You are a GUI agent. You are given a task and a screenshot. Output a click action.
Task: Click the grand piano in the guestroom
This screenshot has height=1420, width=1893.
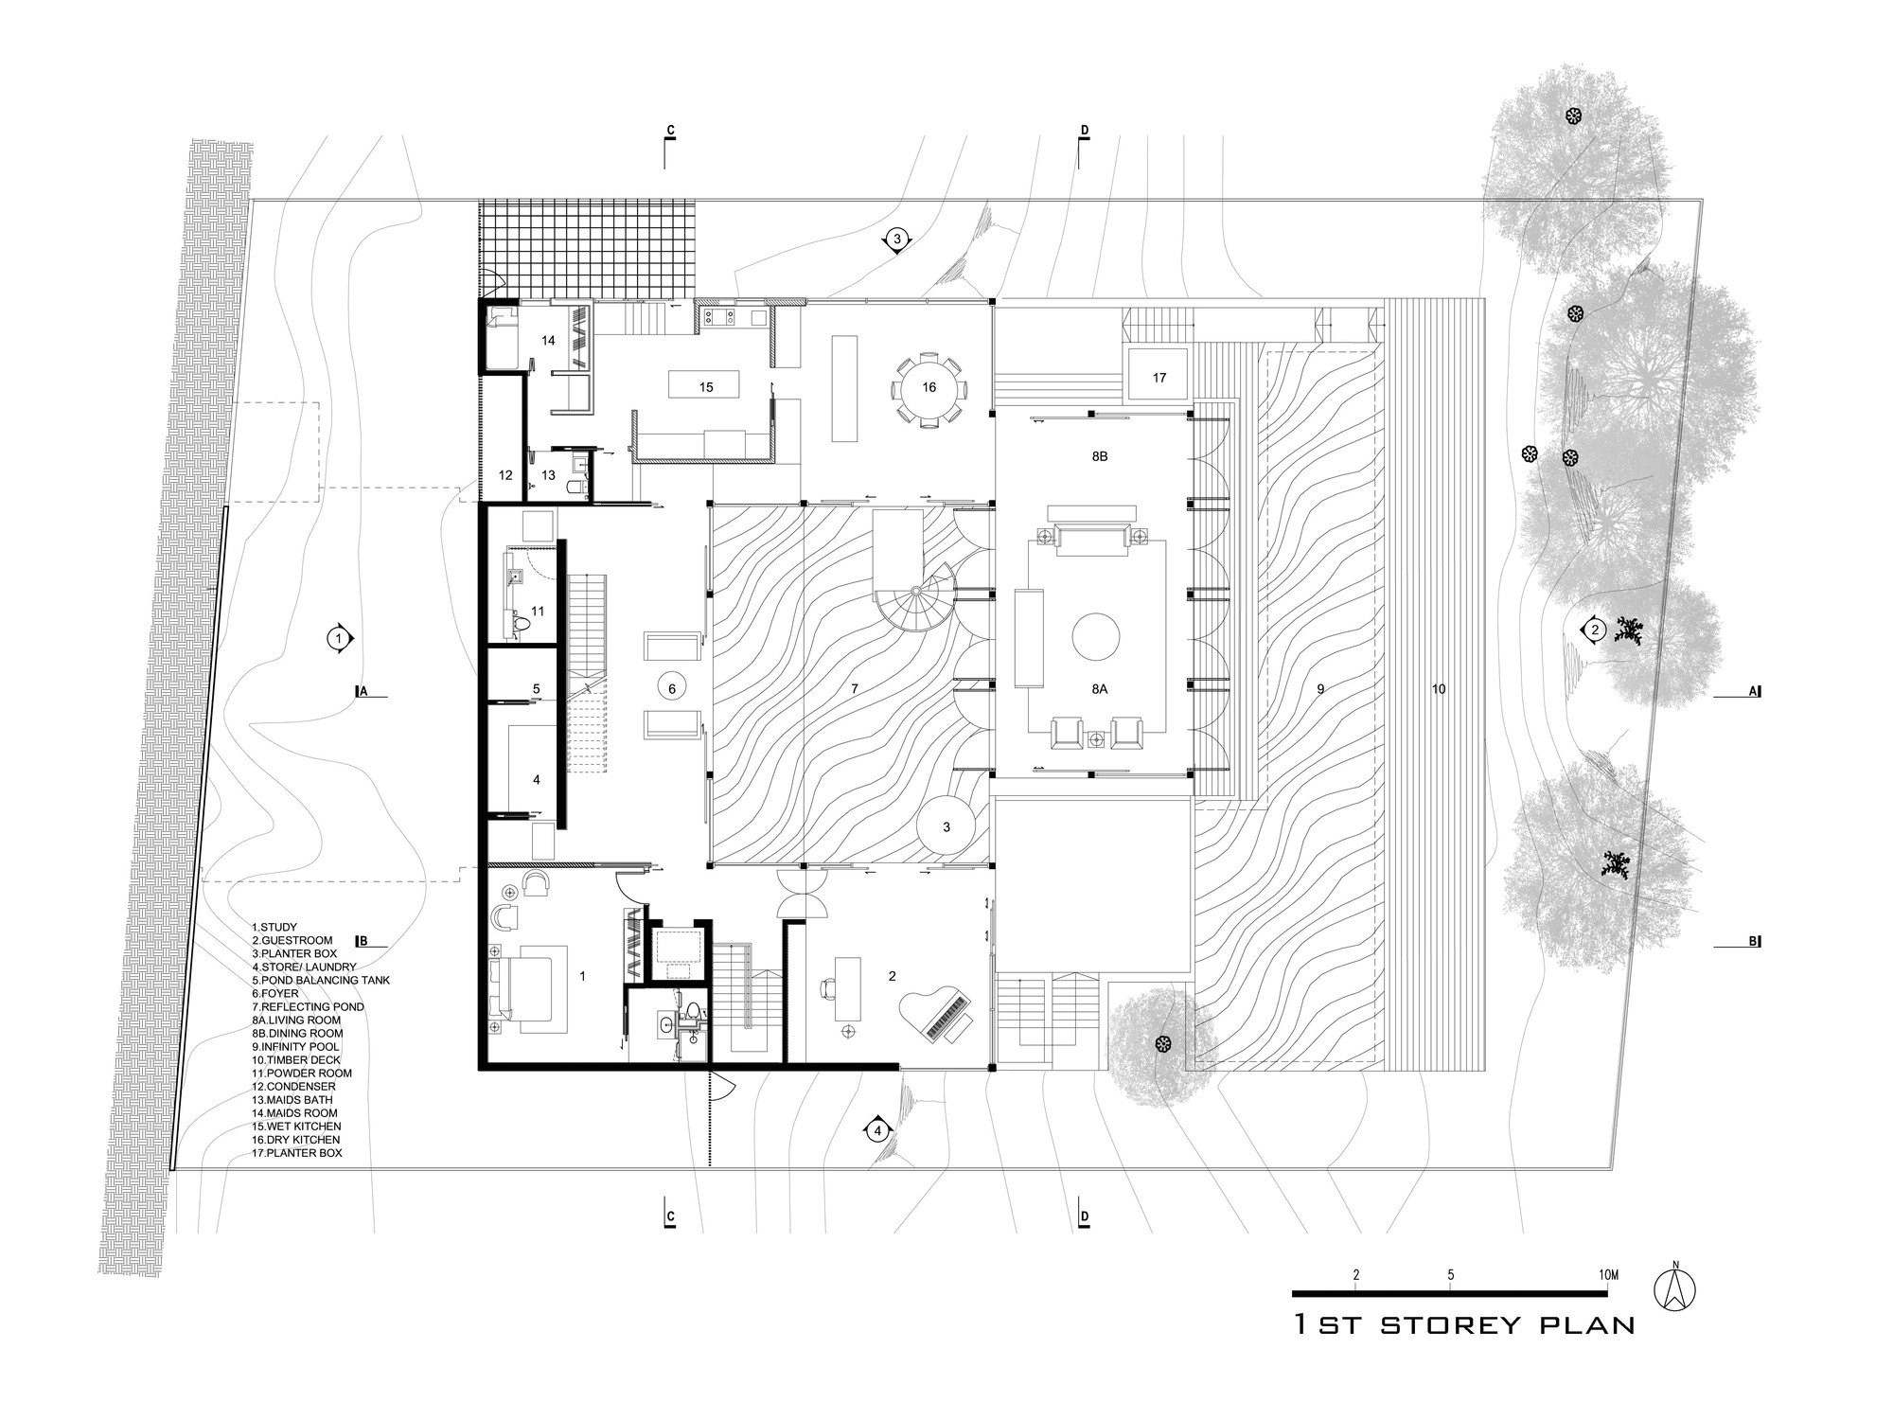point(937,1016)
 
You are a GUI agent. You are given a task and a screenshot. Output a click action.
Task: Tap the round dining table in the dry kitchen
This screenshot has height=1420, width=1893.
point(929,387)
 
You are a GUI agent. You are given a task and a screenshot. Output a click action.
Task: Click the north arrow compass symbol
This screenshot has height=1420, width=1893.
point(1674,1289)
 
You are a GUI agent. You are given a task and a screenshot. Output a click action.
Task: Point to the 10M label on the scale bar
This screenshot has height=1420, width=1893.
point(1608,1275)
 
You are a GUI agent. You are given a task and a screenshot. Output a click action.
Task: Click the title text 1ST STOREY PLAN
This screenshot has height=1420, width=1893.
point(1464,1324)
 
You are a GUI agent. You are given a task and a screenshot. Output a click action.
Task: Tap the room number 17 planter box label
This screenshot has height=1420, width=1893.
point(1159,378)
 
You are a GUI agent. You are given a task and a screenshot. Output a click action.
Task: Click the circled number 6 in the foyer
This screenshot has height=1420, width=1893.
point(672,688)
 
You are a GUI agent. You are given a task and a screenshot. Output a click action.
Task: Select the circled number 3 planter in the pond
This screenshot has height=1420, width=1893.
point(946,827)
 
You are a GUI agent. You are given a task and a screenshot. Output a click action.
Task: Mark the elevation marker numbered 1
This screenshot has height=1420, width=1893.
point(338,639)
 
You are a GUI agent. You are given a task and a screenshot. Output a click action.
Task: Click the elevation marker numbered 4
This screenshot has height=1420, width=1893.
point(877,1130)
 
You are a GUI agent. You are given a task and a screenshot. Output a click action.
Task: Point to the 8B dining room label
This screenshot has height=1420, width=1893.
point(1099,456)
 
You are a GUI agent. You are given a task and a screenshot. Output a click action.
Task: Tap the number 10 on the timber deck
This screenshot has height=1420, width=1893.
point(1439,689)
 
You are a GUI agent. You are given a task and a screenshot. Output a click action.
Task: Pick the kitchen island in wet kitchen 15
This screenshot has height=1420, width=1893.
point(705,384)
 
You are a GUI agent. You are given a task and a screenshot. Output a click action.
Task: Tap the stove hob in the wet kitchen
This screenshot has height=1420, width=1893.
point(718,317)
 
